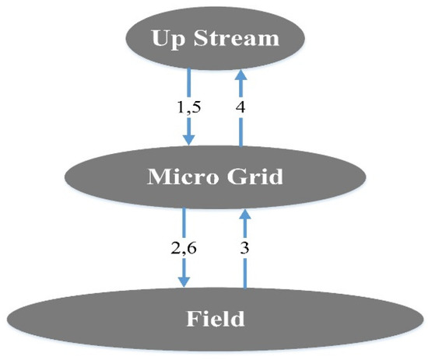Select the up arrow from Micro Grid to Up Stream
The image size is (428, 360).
point(241,109)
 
